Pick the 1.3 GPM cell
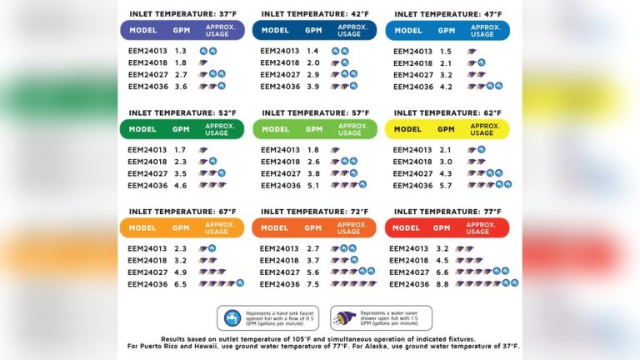(181, 51)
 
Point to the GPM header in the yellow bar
(447, 129)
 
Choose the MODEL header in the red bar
(407, 227)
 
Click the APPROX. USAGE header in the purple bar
(218, 31)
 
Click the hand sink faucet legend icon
(232, 317)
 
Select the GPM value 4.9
(181, 272)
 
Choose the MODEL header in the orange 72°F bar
(275, 227)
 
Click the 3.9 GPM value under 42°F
(314, 87)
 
